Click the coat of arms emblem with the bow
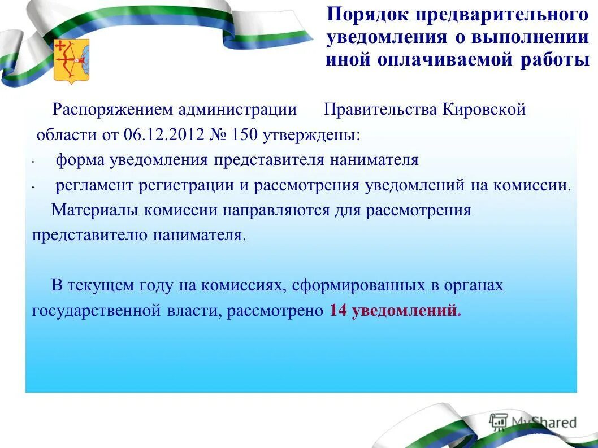pyautogui.click(x=71, y=60)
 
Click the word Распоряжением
pyautogui.click(x=112, y=110)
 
